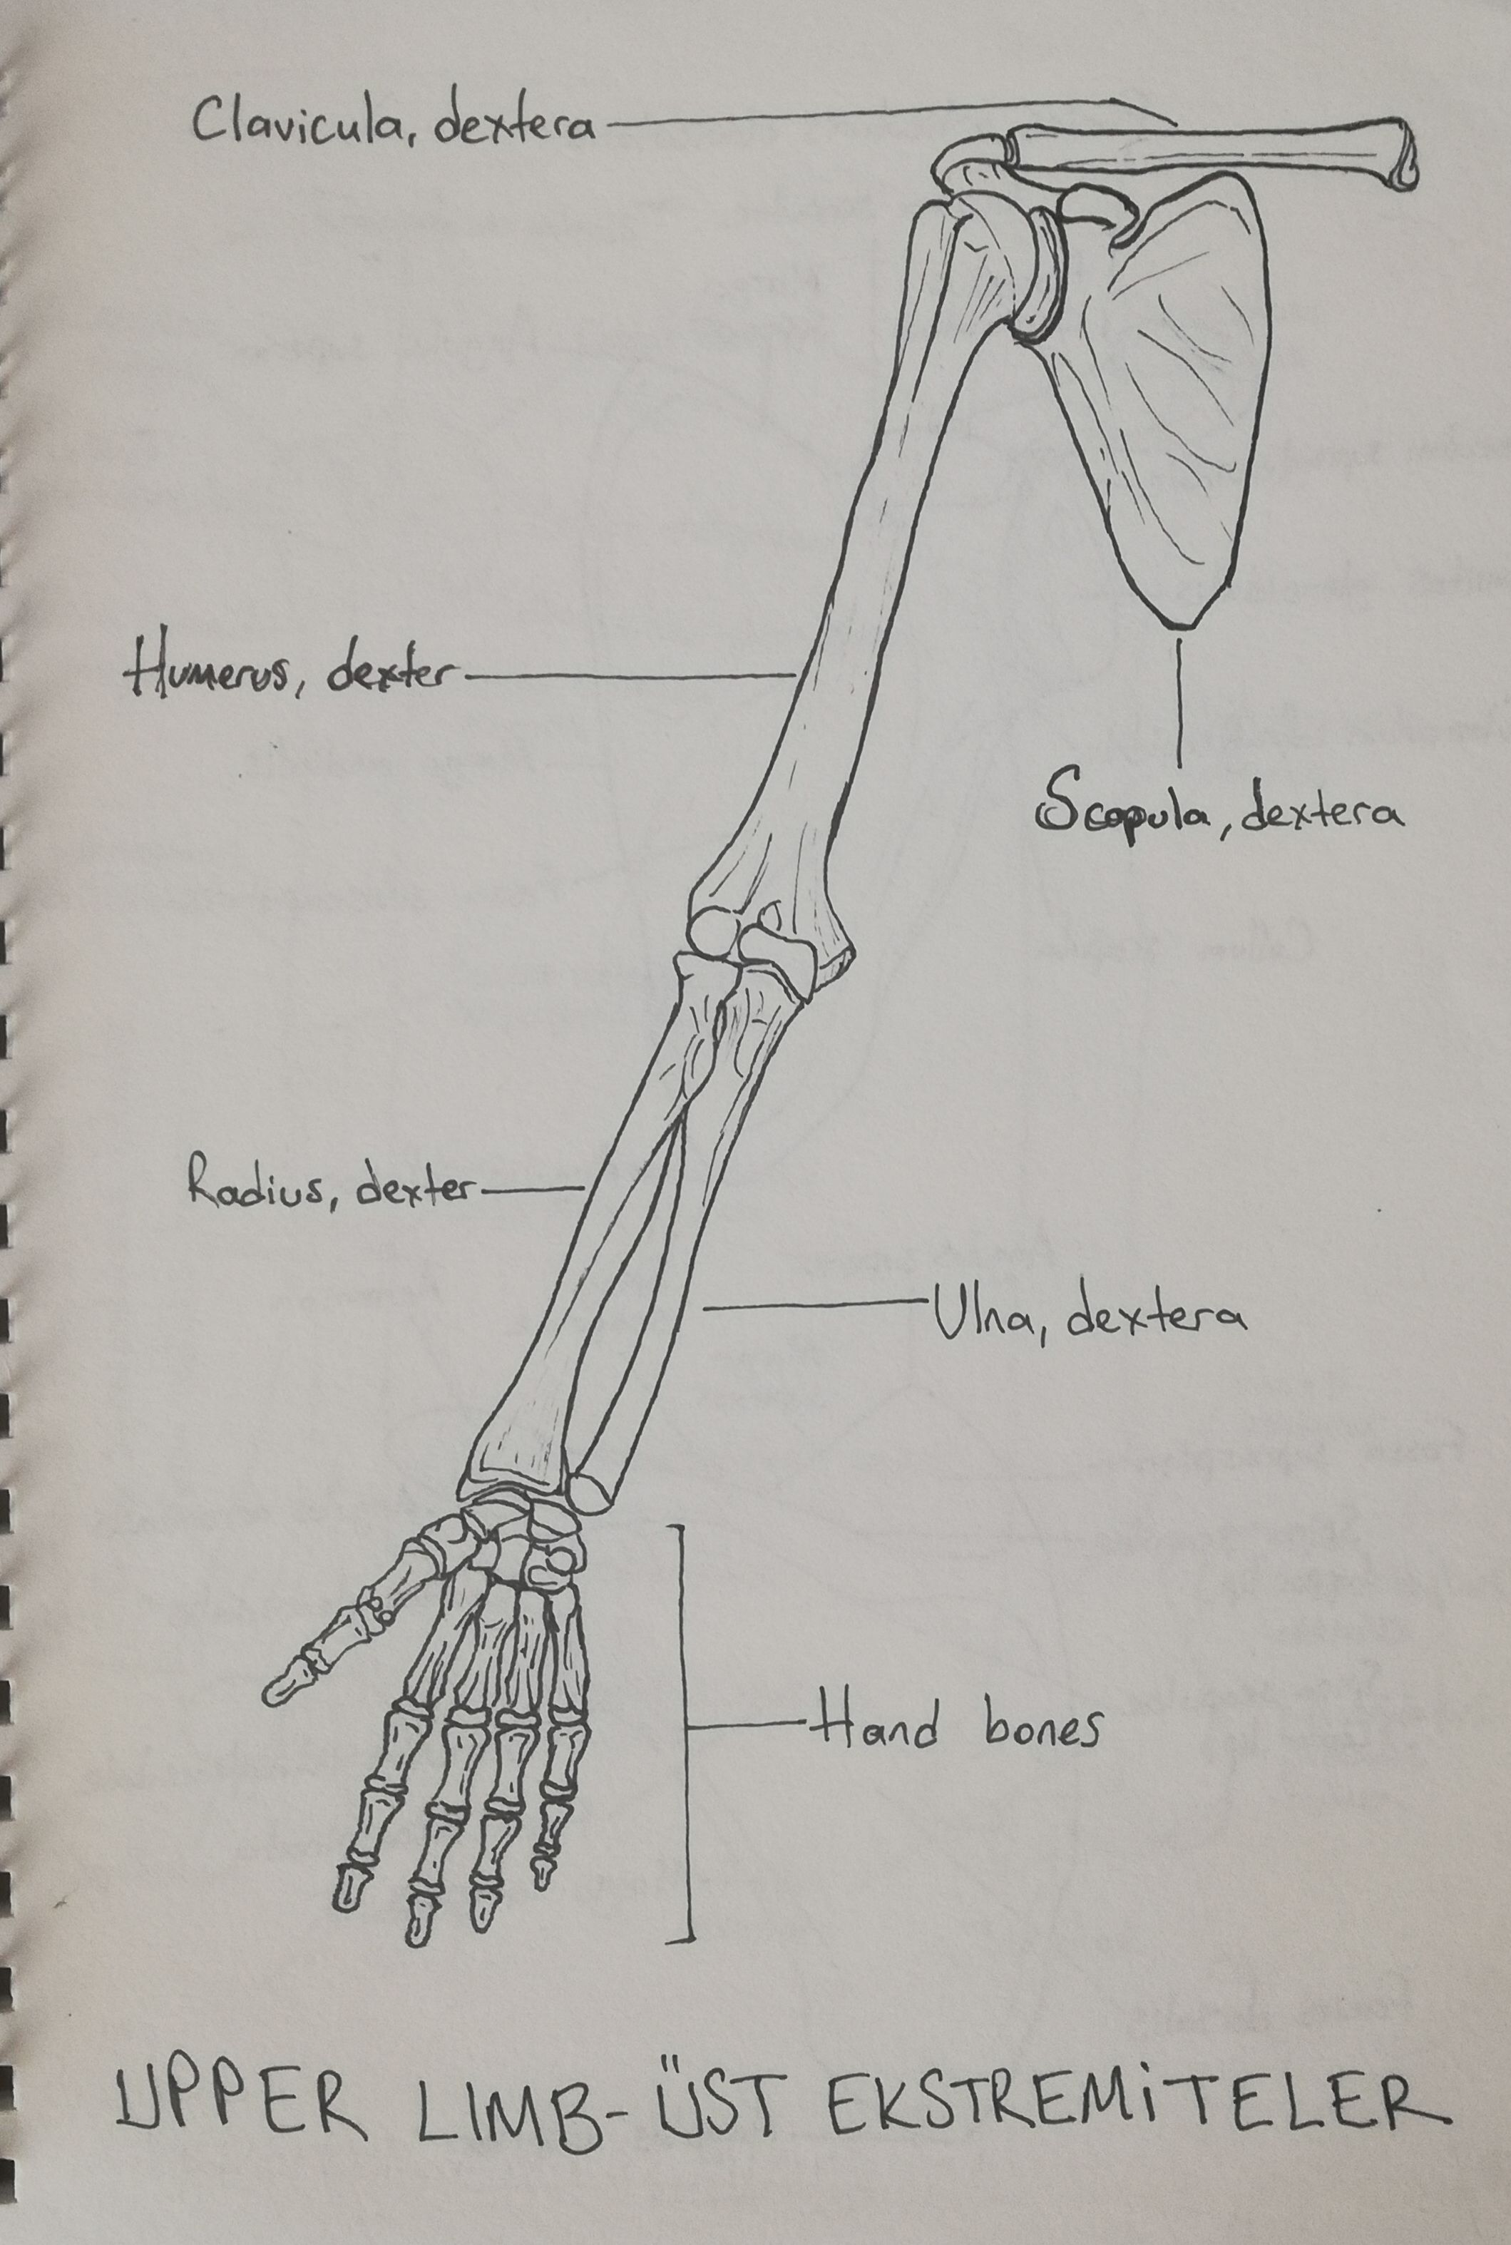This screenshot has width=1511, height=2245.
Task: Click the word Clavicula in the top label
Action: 299,123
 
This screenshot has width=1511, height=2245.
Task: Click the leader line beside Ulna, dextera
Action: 815,1304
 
